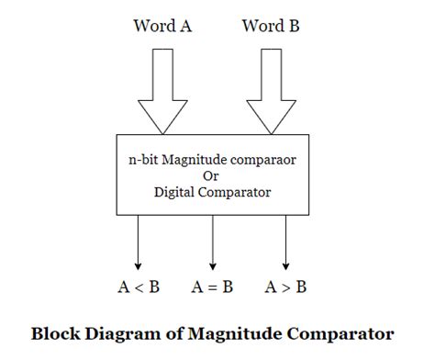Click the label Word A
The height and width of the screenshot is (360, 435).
(162, 26)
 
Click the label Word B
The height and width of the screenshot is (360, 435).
(272, 26)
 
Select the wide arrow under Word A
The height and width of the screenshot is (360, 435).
(162, 92)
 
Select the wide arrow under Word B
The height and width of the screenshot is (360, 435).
(272, 92)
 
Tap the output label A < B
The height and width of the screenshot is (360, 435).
(138, 287)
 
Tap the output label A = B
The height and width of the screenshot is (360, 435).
(212, 287)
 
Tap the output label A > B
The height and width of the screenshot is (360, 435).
(286, 287)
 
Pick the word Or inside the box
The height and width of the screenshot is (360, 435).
(211, 175)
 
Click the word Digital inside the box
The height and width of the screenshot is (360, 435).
(177, 192)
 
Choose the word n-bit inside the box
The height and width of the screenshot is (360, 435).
(143, 158)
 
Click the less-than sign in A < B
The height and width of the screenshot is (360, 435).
(138, 287)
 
